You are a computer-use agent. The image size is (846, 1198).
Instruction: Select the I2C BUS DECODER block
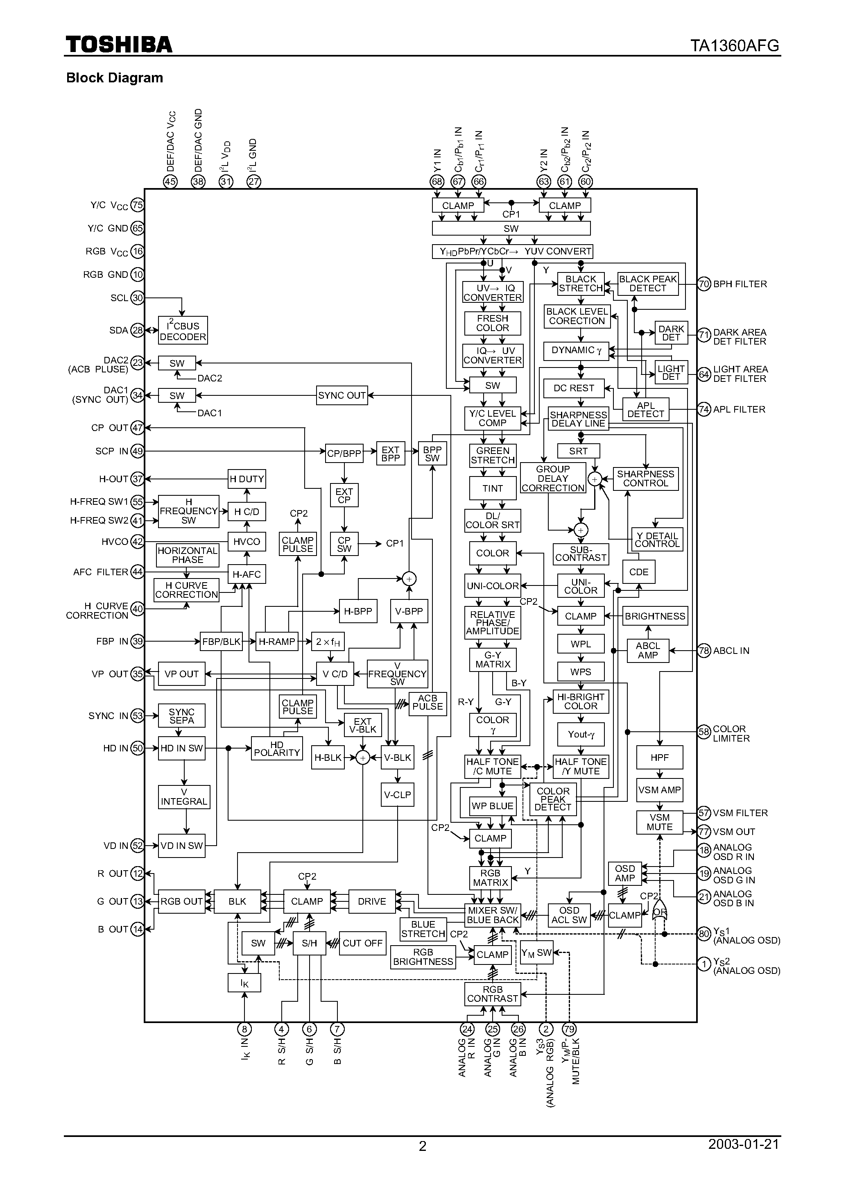pos(183,330)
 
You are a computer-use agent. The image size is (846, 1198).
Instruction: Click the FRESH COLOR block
pos(492,323)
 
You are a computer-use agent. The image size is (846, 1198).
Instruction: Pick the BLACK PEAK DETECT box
pos(647,284)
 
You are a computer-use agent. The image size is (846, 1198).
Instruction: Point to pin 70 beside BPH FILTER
pos(704,284)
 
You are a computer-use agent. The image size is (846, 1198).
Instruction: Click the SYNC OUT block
pos(342,395)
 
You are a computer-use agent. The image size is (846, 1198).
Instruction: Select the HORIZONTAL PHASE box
pos(187,555)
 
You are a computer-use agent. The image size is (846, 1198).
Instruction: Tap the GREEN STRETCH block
pos(492,456)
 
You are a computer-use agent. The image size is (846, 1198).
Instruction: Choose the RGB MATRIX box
pos(490,878)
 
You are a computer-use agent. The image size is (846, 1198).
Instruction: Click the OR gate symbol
pos(659,912)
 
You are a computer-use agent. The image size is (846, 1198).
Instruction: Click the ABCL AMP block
pos(647,651)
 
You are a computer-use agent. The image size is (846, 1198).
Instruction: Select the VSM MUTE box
pos(659,822)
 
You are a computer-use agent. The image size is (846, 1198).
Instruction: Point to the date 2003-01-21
pos(743,1144)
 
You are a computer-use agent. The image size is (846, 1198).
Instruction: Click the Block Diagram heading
pos(114,78)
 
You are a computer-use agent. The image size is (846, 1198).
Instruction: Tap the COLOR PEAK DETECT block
pos(552,799)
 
